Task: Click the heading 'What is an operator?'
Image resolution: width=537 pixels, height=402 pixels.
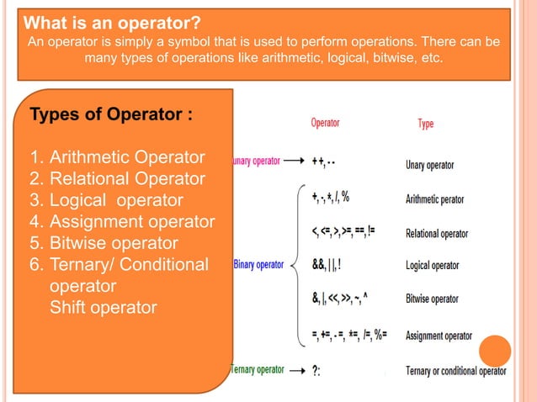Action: click(x=112, y=21)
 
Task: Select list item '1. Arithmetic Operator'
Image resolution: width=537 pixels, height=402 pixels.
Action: click(x=117, y=157)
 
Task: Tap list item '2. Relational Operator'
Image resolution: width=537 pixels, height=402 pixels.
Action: click(x=117, y=178)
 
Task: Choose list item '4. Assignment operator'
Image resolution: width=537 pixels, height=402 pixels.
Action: click(x=121, y=222)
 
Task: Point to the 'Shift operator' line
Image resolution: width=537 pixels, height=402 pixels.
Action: click(x=103, y=308)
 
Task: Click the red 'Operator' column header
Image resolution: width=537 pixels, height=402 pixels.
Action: click(x=326, y=123)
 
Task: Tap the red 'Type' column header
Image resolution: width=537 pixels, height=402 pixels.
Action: click(x=426, y=124)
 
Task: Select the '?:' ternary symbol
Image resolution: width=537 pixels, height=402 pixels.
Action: click(x=316, y=371)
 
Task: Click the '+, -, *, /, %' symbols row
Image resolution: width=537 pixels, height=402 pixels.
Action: click(x=330, y=198)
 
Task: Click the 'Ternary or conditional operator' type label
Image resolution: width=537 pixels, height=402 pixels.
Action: click(x=455, y=371)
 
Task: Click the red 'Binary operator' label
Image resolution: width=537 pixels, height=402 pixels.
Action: click(x=258, y=265)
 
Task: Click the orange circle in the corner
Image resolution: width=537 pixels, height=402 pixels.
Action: click(x=495, y=351)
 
